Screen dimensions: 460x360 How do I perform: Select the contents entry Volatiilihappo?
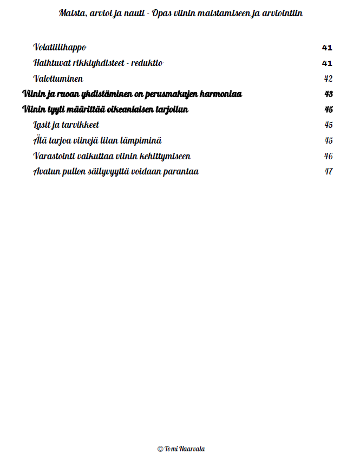[60, 48]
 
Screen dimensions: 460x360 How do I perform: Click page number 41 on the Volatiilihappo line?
[327, 48]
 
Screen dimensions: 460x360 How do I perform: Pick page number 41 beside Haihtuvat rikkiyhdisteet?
[327, 63]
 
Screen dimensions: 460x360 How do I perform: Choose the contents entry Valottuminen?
[58, 79]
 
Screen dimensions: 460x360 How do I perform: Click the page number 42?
[328, 79]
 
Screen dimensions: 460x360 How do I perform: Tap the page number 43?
[329, 94]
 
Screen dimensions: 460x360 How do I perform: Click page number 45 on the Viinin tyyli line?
[329, 110]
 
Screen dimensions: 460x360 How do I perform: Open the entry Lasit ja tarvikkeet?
[66, 125]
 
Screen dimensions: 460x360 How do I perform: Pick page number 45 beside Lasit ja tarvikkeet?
[328, 125]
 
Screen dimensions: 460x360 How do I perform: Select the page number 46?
[328, 157]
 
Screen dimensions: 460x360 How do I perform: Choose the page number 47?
[328, 172]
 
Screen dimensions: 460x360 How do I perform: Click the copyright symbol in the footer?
[160, 449]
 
